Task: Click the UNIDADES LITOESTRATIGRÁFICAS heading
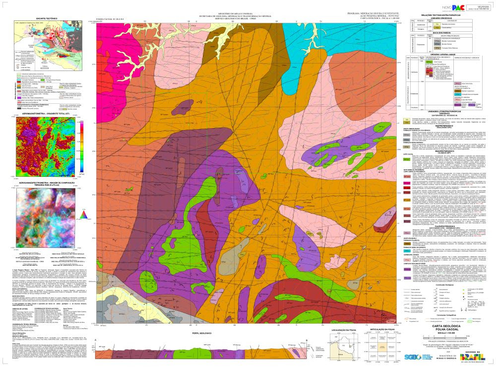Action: click(x=448, y=112)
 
